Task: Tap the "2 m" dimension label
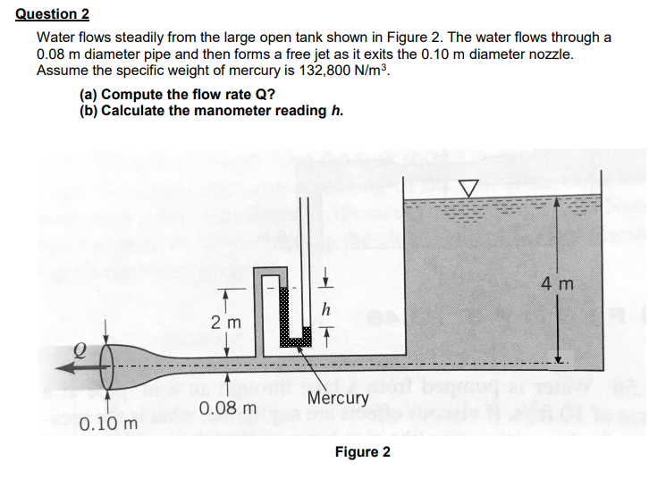223,321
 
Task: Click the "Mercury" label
338,398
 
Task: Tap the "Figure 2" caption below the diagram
362,451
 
